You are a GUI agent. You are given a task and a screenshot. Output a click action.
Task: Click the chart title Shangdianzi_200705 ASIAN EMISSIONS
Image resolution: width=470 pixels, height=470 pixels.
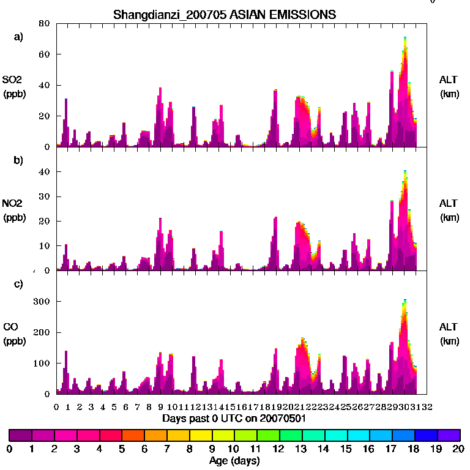(x=225, y=14)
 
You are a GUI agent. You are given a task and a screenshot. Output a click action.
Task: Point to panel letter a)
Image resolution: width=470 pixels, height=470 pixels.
(x=18, y=37)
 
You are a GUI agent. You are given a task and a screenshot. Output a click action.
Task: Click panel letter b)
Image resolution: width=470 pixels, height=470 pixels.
(x=18, y=160)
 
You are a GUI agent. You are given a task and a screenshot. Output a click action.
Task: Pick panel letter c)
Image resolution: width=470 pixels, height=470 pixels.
(x=18, y=283)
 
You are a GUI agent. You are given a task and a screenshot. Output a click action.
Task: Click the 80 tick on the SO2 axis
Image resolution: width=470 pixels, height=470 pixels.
(x=43, y=24)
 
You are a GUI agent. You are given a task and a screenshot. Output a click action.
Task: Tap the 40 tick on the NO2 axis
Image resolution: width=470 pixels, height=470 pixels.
(x=43, y=172)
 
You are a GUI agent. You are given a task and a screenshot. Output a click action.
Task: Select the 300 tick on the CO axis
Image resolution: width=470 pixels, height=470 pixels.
(x=41, y=302)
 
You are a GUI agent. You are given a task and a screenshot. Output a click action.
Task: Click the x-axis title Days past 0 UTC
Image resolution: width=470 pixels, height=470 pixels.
(x=234, y=419)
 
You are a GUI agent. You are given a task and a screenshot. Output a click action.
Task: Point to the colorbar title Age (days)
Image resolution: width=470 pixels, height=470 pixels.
(x=234, y=461)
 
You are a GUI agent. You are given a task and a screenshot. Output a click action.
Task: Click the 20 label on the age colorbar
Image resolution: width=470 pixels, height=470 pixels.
(x=458, y=449)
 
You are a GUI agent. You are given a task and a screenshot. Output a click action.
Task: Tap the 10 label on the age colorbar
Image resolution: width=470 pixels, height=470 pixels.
(x=234, y=449)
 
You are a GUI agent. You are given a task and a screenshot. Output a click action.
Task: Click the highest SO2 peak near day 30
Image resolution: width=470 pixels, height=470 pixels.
(x=405, y=38)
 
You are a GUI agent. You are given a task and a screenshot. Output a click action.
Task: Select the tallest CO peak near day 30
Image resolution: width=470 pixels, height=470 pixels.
(x=405, y=300)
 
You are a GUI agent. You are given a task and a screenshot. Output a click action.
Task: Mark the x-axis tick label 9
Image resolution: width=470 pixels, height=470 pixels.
(x=160, y=406)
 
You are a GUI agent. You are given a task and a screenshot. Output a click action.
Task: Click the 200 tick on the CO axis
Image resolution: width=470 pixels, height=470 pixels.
(x=41, y=332)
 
